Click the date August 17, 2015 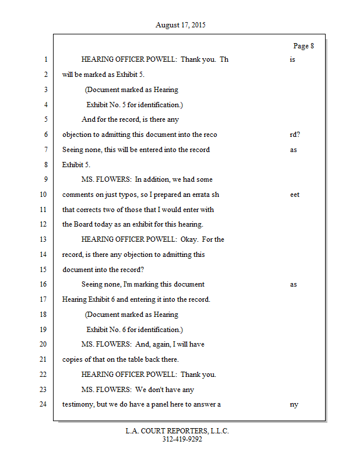[x=181, y=25]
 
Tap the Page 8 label [x=303, y=46]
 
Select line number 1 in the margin [x=45, y=60]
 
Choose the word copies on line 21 [x=73, y=359]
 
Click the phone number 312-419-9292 [x=182, y=439]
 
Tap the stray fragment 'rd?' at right [x=295, y=135]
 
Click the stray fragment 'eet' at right [x=295, y=195]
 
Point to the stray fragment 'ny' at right [x=294, y=404]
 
